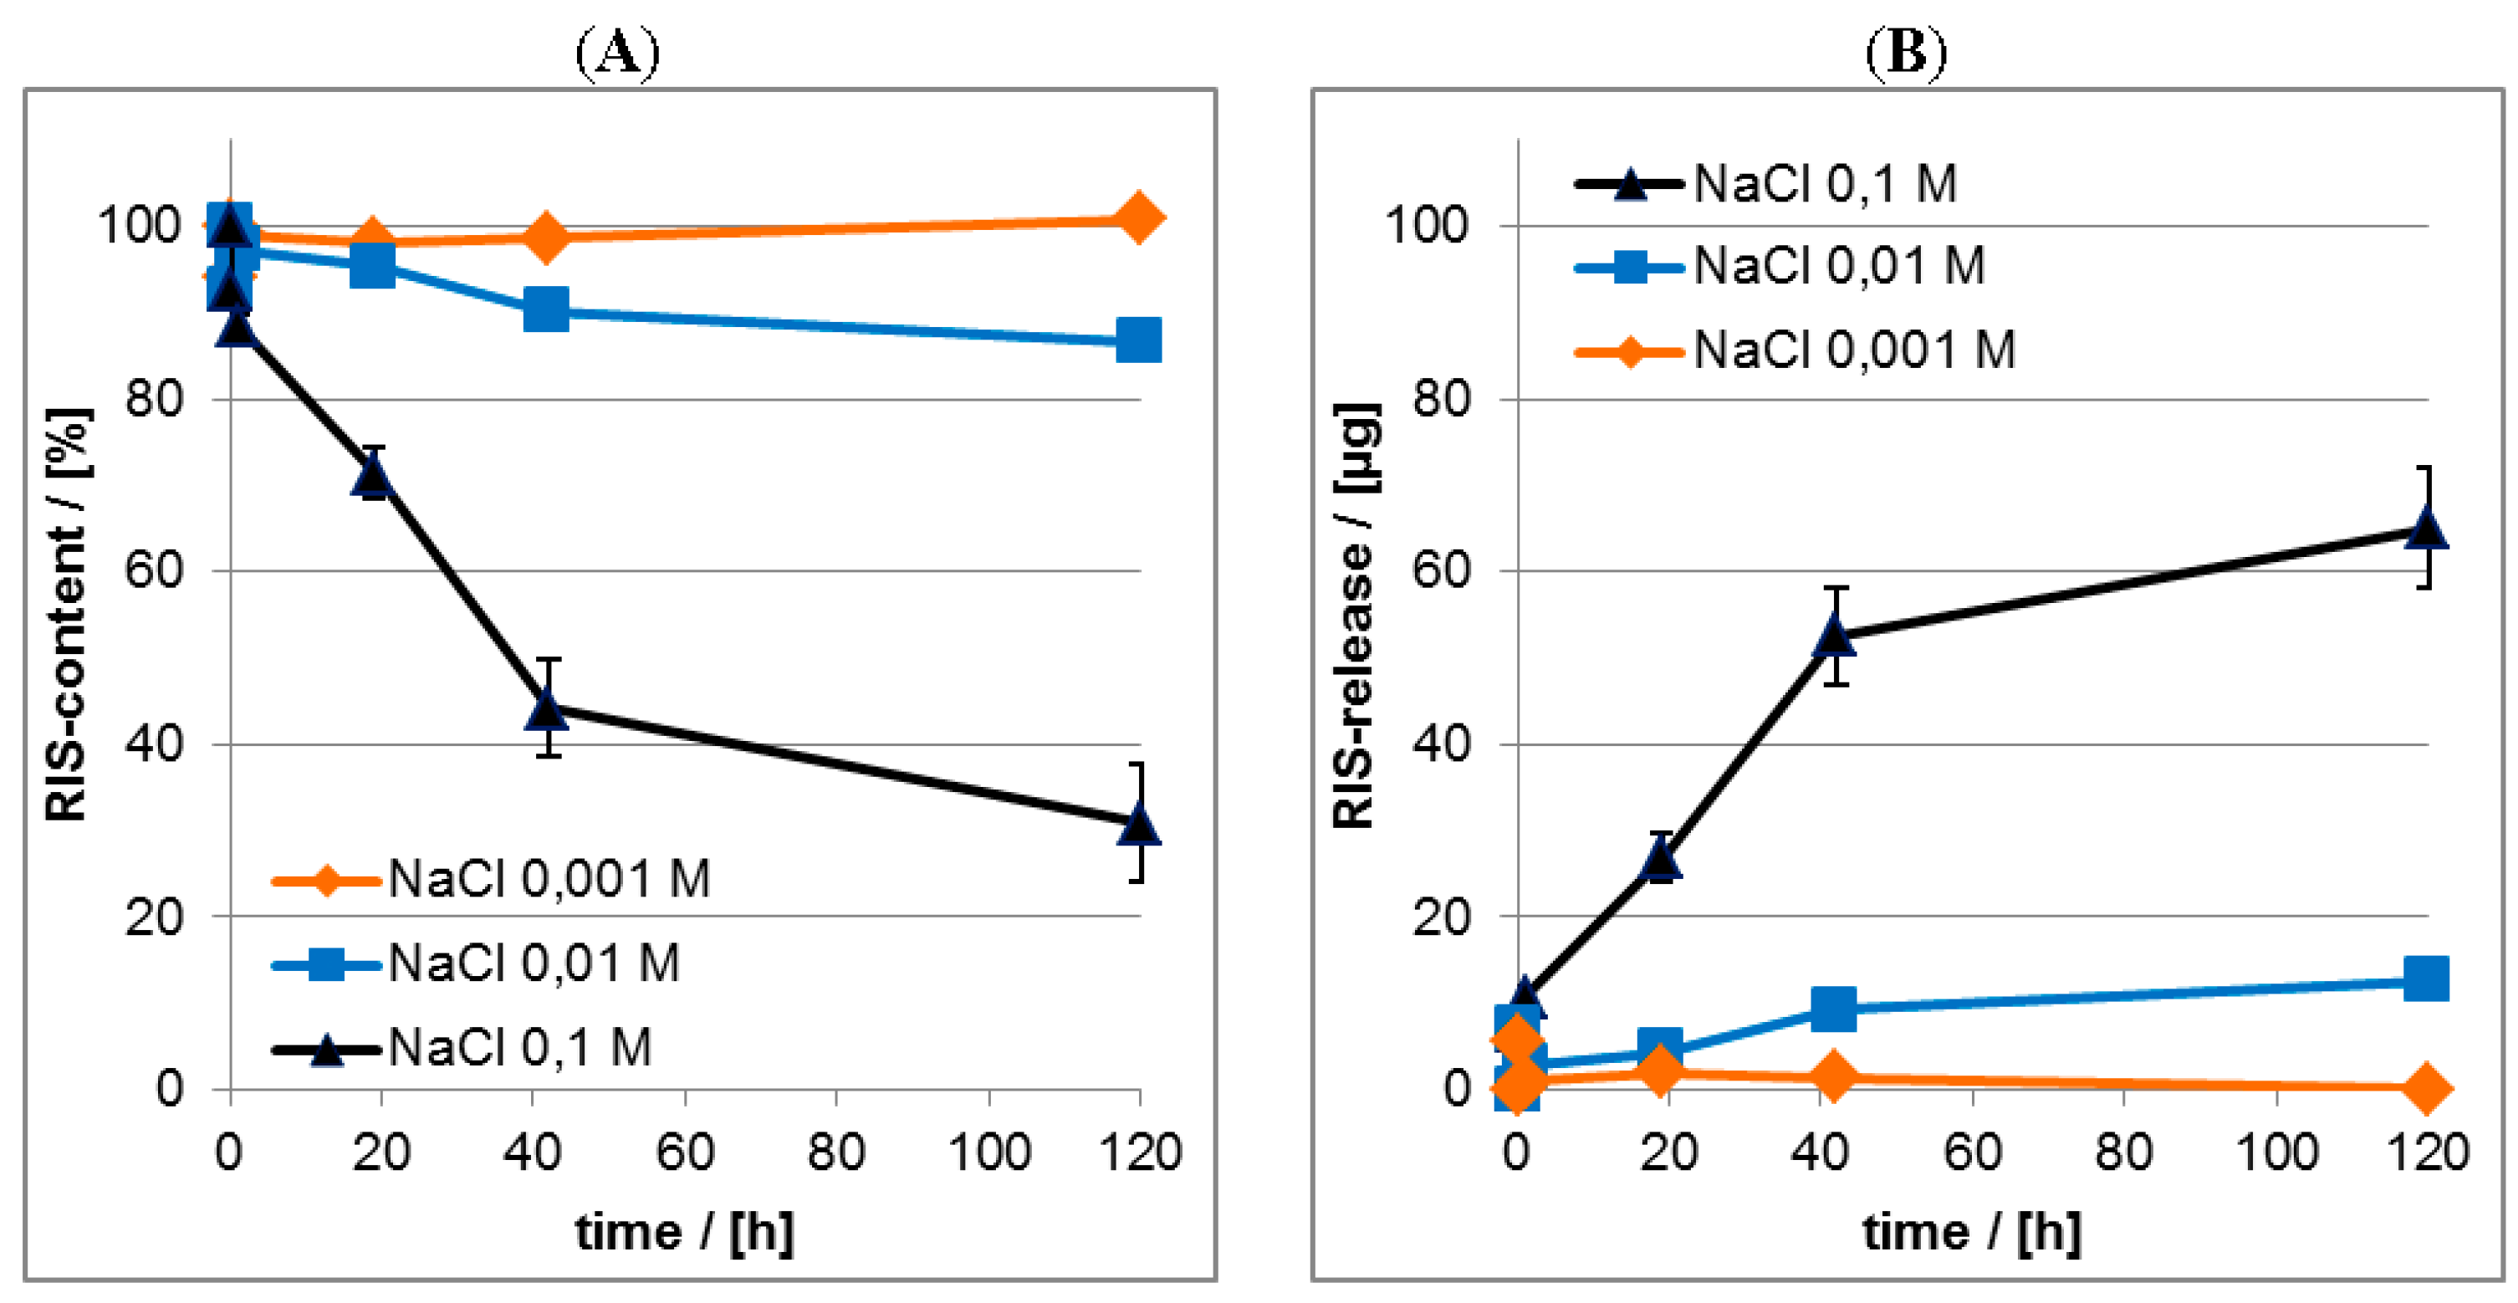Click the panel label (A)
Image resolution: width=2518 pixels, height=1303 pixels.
[x=617, y=53]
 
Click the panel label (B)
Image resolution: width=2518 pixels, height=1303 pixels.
[x=1905, y=53]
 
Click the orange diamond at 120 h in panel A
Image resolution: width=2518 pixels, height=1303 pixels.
[x=1139, y=217]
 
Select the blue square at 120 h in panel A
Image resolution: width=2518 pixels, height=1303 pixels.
[x=1139, y=340]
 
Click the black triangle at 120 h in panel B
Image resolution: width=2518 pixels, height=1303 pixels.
[x=2425, y=529]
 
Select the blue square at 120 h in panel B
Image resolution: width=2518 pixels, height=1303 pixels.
[x=2425, y=979]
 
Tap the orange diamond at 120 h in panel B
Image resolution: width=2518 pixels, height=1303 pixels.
[x=2425, y=1087]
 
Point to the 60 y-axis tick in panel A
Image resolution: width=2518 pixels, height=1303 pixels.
[x=154, y=570]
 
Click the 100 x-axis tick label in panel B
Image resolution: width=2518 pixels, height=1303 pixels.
[x=2276, y=1152]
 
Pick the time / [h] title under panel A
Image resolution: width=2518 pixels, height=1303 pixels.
[x=684, y=1232]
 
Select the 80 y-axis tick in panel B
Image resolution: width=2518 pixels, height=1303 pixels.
[x=1442, y=399]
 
